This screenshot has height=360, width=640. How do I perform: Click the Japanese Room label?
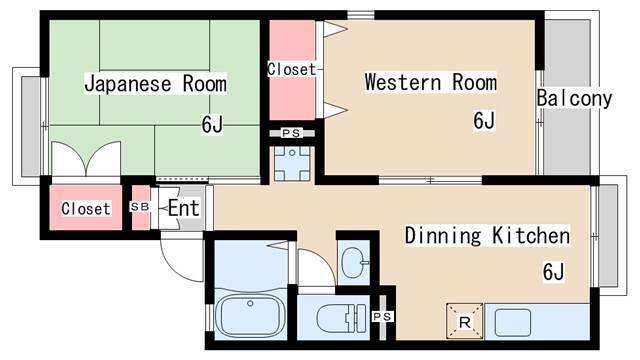[x=155, y=83]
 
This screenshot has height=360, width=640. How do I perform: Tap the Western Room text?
[x=430, y=81]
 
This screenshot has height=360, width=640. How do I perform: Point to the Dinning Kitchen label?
[x=487, y=236]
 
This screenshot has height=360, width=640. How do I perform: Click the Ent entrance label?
[x=183, y=208]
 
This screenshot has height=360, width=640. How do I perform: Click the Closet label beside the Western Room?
[x=291, y=70]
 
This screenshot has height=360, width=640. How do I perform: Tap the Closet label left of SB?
[x=86, y=209]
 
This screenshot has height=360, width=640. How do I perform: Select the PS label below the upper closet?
[x=291, y=133]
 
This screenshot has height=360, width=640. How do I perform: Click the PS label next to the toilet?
[x=382, y=317]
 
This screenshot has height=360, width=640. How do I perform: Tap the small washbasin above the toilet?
[x=353, y=264]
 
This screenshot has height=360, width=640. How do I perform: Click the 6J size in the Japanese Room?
[x=212, y=124]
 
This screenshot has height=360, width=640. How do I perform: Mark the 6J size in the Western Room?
[x=484, y=120]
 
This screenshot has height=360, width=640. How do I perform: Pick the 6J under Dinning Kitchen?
[x=554, y=271]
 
